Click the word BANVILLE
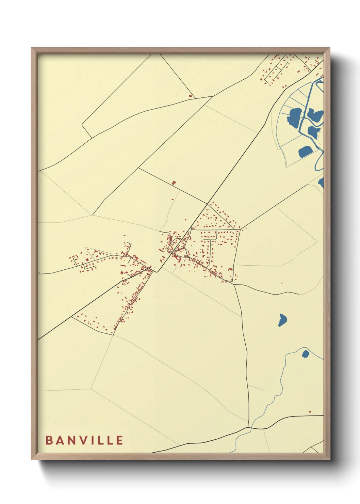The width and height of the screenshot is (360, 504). tap(84, 440)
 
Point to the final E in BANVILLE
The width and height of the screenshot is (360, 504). tap(119, 440)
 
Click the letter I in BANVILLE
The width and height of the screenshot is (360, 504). tap(91, 440)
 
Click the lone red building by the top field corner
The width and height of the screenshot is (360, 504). tap(191, 96)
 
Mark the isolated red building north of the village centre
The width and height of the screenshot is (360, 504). tap(174, 183)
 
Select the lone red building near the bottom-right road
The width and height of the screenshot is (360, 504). tap(310, 412)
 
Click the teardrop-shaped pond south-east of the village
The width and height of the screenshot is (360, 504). tap(282, 320)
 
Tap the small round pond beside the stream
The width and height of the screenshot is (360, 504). tap(305, 354)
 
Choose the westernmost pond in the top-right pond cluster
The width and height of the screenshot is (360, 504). tap(295, 115)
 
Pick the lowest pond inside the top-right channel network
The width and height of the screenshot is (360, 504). tap(305, 152)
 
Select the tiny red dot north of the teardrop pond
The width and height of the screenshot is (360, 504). tap(282, 283)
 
